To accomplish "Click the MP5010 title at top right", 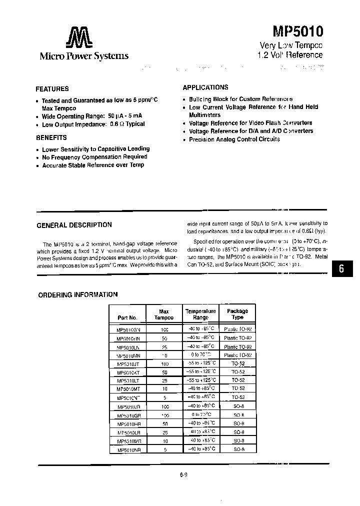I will [x=297, y=31].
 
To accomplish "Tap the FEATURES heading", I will [x=52, y=89].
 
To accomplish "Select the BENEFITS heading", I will [x=51, y=137].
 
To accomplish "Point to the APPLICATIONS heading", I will [x=205, y=87].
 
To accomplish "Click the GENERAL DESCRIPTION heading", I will [x=74, y=225].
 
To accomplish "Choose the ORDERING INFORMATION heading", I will [x=78, y=295].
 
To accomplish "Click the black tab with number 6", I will [x=342, y=268].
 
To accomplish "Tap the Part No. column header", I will [x=127, y=317].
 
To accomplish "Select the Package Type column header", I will [x=237, y=314].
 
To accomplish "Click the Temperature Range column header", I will [x=201, y=314].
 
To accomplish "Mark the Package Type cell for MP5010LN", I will [x=237, y=347].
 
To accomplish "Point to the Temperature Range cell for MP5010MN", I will [x=201, y=355].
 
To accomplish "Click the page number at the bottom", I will [x=183, y=475].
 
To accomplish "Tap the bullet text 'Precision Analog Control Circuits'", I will [x=234, y=139].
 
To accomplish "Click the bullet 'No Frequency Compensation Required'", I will [x=94, y=156].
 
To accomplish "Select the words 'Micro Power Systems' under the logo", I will [x=84, y=56].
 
